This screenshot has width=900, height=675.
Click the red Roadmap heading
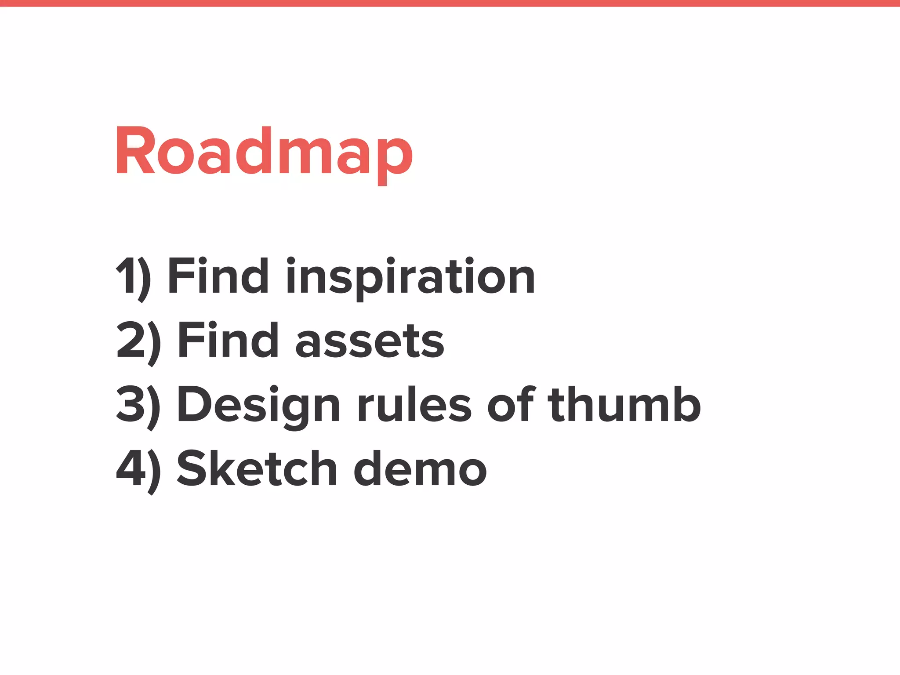tap(264, 152)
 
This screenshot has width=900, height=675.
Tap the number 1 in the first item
tap(125, 276)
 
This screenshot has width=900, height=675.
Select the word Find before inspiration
tap(218, 276)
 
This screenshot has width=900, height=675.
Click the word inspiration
tap(410, 277)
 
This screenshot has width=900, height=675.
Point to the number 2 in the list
tap(130, 340)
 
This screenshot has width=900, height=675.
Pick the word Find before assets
tap(228, 340)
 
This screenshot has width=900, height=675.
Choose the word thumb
tap(624, 403)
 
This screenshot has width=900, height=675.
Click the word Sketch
tap(257, 468)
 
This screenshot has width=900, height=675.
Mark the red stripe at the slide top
tap(450, 3)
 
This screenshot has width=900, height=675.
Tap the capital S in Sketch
tap(192, 468)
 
